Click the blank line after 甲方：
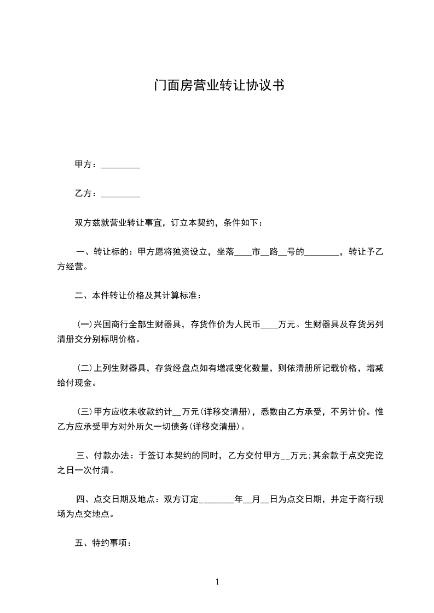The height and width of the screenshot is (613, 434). (x=120, y=164)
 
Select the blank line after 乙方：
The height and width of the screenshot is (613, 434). (x=120, y=193)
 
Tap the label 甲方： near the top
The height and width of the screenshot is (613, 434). (x=86, y=164)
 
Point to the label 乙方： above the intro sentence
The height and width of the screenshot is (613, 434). (x=86, y=193)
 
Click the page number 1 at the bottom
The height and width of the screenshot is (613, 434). (x=217, y=582)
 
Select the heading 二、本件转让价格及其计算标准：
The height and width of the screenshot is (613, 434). (x=138, y=296)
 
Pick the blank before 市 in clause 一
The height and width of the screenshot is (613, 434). (x=243, y=253)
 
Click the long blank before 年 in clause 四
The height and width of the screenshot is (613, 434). (x=218, y=500)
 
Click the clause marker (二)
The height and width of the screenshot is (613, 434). (x=85, y=369)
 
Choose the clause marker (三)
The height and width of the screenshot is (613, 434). (x=85, y=412)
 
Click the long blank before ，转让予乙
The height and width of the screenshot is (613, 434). (x=321, y=253)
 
